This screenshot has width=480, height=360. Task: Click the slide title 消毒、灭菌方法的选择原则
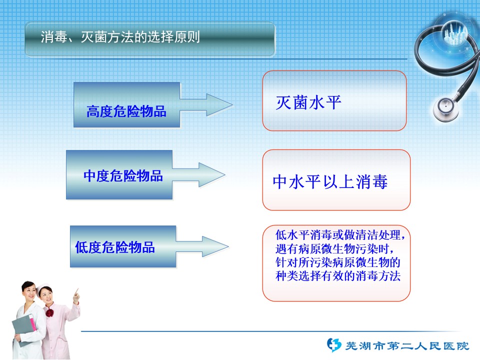[120, 37]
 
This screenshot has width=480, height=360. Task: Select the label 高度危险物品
[126, 111]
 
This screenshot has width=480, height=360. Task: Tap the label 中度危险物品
[123, 176]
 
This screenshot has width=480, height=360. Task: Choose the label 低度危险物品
[115, 247]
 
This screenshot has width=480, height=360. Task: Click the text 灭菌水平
[308, 102]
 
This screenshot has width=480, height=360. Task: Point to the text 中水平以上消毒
[330, 181]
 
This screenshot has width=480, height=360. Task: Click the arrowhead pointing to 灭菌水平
[219, 104]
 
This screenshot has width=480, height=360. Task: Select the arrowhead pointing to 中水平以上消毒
[212, 175]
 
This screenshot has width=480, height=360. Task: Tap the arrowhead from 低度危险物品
[215, 246]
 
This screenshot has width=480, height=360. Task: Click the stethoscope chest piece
[445, 108]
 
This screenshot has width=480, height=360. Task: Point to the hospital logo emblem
[333, 345]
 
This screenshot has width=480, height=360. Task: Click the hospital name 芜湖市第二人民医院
[407, 346]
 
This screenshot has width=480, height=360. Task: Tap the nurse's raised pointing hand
[76, 295]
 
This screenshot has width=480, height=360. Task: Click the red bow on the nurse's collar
[49, 313]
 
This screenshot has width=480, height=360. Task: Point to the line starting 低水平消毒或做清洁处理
[340, 235]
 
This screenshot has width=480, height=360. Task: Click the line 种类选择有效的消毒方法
[338, 276]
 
